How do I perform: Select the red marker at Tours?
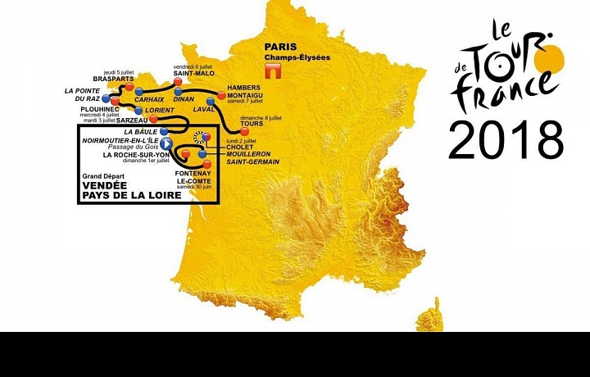243,130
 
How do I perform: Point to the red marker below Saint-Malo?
177,82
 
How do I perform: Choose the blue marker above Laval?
210,102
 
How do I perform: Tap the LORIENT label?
160,109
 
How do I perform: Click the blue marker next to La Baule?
165,131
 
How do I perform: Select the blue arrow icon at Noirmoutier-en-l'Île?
166,143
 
